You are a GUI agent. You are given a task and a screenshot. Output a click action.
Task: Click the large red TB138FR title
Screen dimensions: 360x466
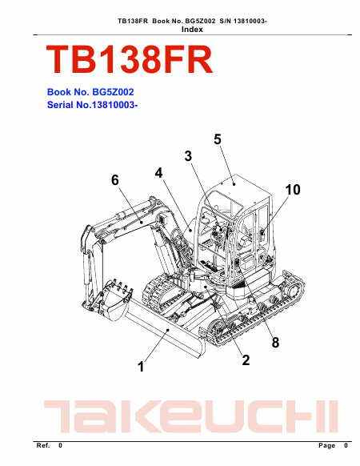(130, 59)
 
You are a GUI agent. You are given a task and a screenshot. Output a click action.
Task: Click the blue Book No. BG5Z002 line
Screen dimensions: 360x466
(90, 92)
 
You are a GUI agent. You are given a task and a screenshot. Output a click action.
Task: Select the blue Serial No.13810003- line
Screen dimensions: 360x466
(92, 105)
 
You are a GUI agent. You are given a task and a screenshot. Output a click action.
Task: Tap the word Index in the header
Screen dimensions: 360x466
(192, 30)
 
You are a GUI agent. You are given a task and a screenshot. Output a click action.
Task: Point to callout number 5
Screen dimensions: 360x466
(218, 139)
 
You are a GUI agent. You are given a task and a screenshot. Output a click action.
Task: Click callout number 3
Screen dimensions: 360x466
(188, 156)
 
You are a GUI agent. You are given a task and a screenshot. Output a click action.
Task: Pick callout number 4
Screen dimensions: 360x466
(159, 173)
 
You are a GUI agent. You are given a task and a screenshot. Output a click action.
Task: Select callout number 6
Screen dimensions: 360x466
(115, 180)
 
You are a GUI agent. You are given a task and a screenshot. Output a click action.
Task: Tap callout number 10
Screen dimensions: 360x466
(293, 190)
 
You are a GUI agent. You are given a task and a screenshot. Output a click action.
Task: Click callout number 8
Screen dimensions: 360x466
(275, 343)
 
